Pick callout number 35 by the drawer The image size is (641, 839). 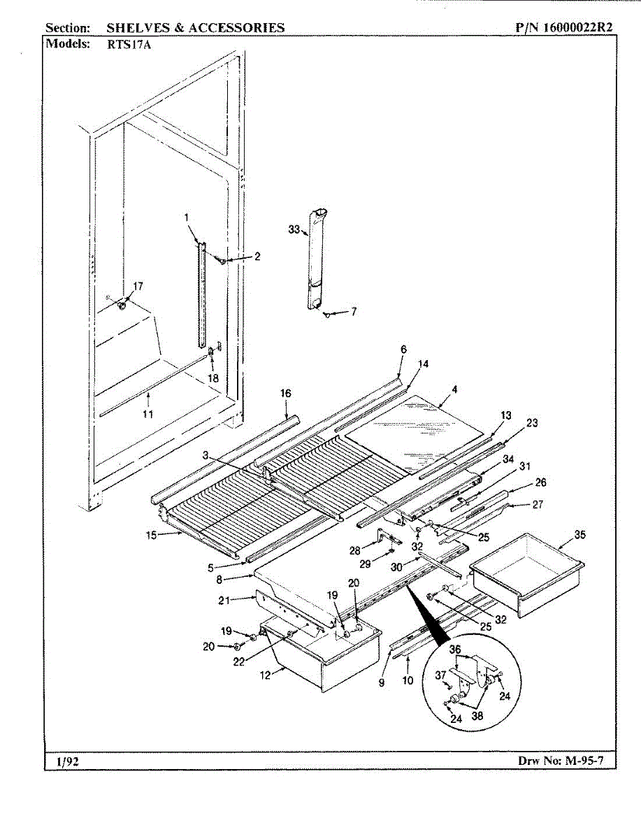point(580,535)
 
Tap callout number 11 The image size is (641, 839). point(147,414)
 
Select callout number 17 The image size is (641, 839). point(137,285)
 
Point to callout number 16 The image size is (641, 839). point(286,394)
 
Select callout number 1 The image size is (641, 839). point(187,217)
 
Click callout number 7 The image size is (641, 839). point(354,312)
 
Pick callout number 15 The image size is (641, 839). point(151,536)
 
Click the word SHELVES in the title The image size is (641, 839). point(136,28)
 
